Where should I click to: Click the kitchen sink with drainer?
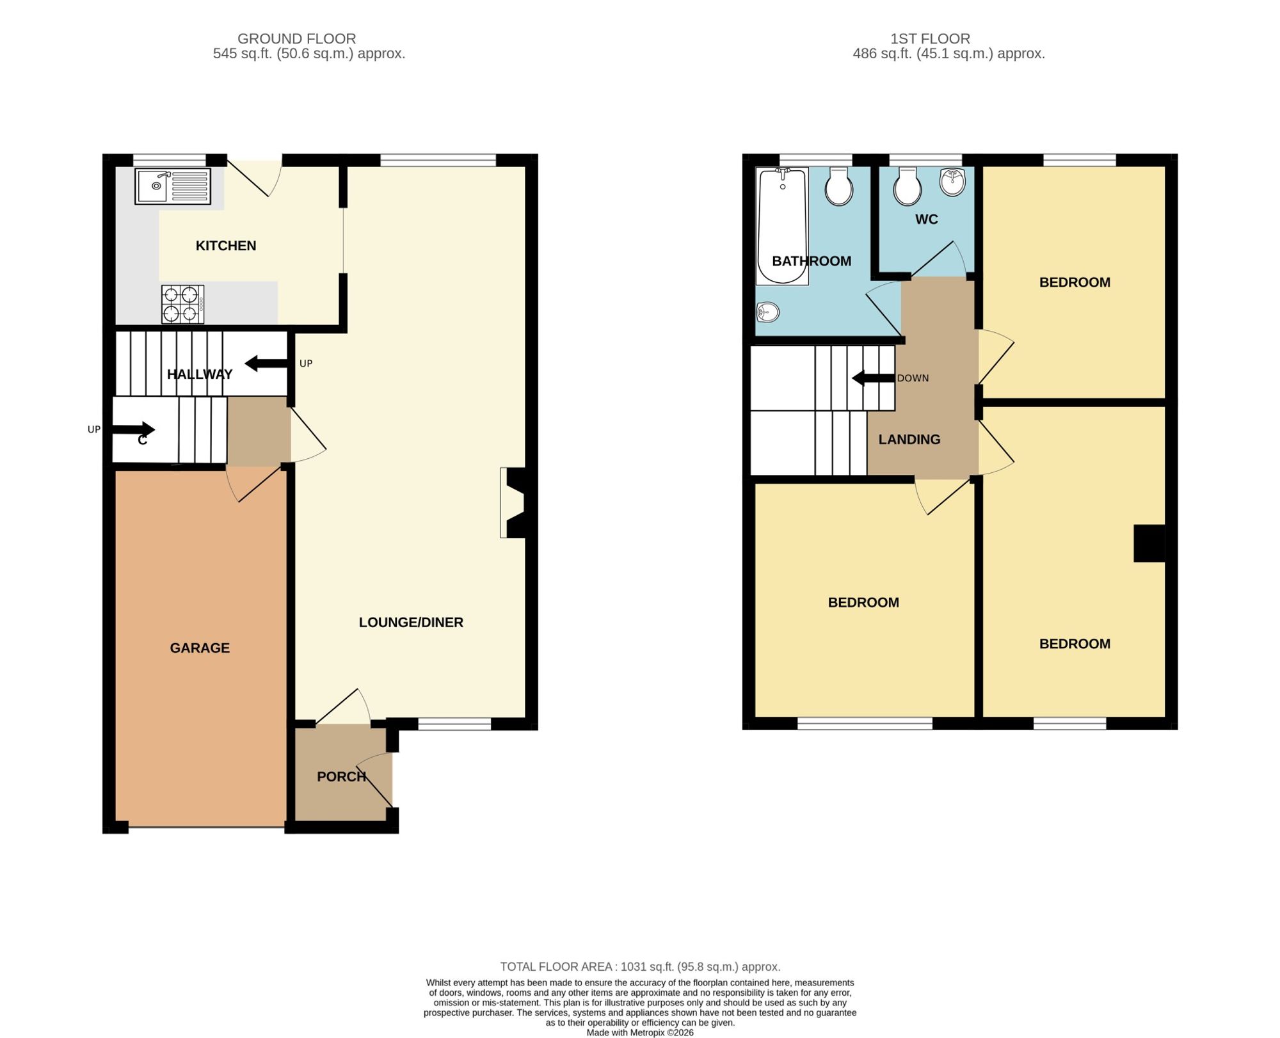173,186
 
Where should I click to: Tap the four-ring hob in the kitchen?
182,304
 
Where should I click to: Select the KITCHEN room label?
226,246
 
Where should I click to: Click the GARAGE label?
200,648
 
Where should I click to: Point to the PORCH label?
342,777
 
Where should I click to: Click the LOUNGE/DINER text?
411,623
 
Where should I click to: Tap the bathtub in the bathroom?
782,226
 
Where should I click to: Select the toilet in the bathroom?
838,186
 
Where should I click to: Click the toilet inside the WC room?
908,186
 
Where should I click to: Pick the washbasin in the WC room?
952,182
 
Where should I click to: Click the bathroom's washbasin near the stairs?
768,312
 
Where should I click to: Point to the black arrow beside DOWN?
873,378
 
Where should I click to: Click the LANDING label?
909,440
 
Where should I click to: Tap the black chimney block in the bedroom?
1149,543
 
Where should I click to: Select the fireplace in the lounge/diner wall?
513,503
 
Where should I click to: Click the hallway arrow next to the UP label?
266,363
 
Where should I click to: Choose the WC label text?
927,220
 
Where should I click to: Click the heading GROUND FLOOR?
297,39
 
